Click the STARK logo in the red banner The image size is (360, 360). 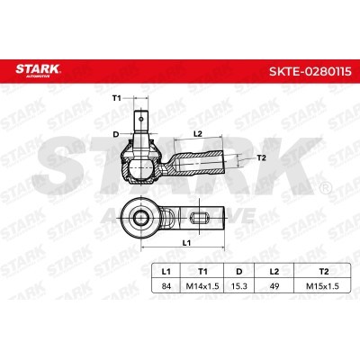[38, 70]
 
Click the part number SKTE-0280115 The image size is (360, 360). [310, 71]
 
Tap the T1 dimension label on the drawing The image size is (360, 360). [116, 98]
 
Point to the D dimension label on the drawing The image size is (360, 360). [116, 134]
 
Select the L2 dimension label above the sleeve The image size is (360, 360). [198, 134]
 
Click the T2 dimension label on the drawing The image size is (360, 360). [262, 157]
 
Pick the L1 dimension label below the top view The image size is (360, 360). [186, 243]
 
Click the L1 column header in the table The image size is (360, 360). [166, 272]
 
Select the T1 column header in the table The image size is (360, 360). [202, 272]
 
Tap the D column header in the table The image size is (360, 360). [239, 272]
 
